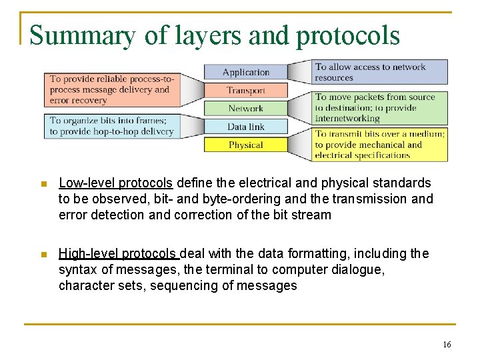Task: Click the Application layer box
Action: [x=245, y=72]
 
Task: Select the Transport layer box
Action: [x=245, y=90]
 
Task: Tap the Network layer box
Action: [x=245, y=108]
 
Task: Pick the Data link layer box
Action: [x=245, y=127]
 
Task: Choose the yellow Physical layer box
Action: [x=245, y=145]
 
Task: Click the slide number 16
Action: [x=446, y=345]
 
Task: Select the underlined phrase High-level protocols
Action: [x=118, y=253]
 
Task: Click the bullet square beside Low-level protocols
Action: [x=43, y=183]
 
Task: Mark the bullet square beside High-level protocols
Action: [x=43, y=254]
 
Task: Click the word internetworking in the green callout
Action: [x=347, y=118]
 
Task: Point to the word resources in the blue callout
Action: [x=334, y=77]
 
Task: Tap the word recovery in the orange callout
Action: [x=89, y=100]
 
